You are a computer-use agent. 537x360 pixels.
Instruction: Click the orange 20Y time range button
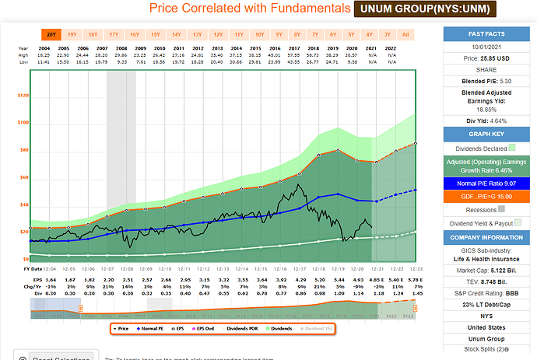pyautogui.click(x=51, y=34)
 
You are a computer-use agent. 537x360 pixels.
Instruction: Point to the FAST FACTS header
pyautogui.click(x=488, y=34)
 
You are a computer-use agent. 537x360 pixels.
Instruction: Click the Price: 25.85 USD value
pyautogui.click(x=488, y=58)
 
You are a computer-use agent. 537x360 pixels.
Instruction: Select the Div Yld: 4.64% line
pyautogui.click(x=488, y=121)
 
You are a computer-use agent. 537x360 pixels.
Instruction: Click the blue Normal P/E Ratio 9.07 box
pyautogui.click(x=488, y=183)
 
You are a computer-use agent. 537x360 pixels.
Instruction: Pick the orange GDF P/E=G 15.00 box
pyautogui.click(x=488, y=196)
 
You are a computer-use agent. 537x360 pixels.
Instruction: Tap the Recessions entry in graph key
pyautogui.click(x=488, y=208)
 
